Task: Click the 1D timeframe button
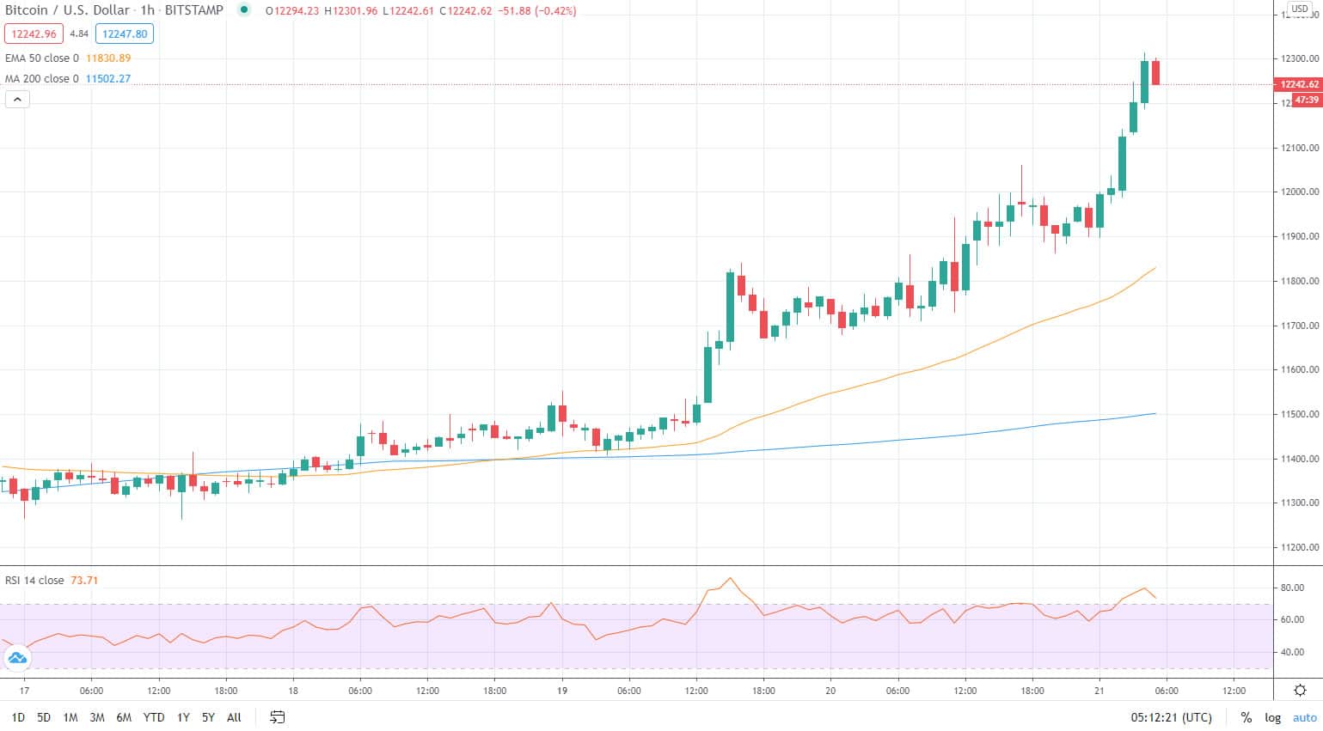coord(18,717)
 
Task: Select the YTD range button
coord(154,717)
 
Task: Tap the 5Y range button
coord(208,717)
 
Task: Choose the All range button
coord(234,717)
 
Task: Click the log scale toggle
coord(1272,717)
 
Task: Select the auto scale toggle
coord(1304,717)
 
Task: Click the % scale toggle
coord(1246,717)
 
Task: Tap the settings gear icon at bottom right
coord(1300,690)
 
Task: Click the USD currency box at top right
coord(1299,9)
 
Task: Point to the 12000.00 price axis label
coord(1299,192)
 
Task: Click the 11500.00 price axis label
coord(1299,415)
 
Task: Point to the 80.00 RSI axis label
coord(1292,588)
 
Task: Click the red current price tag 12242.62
coord(1298,84)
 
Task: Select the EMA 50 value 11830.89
coord(108,58)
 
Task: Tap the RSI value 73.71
coord(84,581)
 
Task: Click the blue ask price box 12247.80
coord(125,34)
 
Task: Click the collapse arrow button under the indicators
coord(17,100)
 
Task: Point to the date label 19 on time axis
coord(562,691)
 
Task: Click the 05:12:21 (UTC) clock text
coord(1171,717)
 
